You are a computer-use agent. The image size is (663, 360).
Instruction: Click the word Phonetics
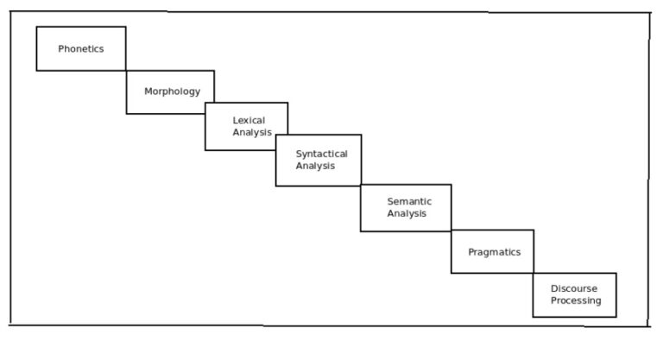pos(81,49)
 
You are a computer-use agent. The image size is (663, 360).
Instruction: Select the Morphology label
pos(172,92)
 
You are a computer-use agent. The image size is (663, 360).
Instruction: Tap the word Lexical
pos(249,120)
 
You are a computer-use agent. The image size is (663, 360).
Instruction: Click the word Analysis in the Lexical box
pos(252,133)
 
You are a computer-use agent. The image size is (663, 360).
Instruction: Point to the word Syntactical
pos(321,154)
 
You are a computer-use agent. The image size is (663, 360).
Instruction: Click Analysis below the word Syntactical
pos(315,166)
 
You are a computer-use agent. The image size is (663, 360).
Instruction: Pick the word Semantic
pos(409,201)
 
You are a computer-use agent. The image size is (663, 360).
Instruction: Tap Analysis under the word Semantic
pos(407,213)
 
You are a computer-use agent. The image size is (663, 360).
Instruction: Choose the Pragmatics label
pos(494,252)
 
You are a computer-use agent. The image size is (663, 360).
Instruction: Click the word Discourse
pos(574,288)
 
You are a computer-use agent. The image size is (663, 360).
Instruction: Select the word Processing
pos(576,300)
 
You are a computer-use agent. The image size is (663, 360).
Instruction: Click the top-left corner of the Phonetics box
pos(36,27)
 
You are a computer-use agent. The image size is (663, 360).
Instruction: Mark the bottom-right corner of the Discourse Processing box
pos(616,317)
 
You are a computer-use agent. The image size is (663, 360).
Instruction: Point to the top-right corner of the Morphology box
pos(214,71)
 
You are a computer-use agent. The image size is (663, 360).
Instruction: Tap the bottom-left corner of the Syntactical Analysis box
pos(276,186)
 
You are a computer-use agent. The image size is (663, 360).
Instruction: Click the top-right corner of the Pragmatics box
pos(534,230)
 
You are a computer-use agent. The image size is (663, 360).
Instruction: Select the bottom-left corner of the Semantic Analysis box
pos(361,231)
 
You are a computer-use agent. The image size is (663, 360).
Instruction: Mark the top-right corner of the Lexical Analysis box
pos(287,103)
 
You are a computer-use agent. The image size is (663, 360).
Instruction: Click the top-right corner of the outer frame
pos(649,14)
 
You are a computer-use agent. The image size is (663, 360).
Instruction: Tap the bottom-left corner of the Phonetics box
pos(36,70)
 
